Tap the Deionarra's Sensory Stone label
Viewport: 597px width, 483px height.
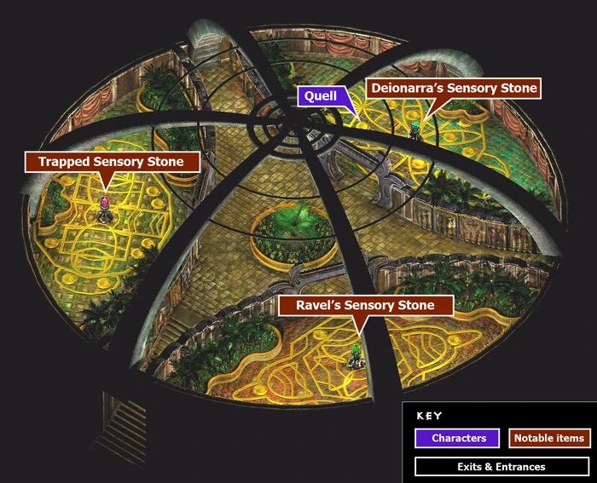coord(453,88)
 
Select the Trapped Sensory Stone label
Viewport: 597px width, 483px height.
coord(111,162)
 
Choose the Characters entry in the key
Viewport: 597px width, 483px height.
coord(458,438)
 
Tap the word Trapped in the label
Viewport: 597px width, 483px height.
coord(64,162)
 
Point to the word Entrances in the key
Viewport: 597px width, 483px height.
coord(520,466)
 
